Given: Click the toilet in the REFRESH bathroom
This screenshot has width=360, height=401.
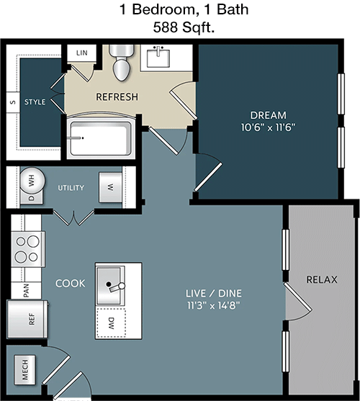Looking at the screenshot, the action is [122, 63].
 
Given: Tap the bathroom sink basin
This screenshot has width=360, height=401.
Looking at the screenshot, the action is [158, 58].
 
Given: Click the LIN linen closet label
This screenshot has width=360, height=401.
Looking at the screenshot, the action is [82, 53].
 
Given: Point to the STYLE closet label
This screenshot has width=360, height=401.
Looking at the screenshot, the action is [35, 102].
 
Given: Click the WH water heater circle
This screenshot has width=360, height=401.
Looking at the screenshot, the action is [32, 181].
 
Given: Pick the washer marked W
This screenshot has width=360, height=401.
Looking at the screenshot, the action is [110, 188].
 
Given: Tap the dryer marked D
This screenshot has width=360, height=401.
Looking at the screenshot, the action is [32, 198].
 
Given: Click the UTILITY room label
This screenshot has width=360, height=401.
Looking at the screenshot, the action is [71, 188].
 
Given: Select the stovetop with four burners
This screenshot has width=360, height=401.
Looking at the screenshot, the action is [28, 249].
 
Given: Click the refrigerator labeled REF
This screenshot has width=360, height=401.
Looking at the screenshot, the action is [27, 319].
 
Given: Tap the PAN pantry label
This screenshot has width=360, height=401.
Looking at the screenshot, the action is [26, 291].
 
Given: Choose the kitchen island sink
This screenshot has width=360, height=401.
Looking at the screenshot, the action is [110, 285].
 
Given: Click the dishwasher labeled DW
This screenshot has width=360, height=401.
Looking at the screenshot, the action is [111, 323].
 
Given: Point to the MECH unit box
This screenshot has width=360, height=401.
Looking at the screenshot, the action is [24, 370].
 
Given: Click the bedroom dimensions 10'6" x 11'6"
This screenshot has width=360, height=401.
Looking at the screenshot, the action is [269, 127].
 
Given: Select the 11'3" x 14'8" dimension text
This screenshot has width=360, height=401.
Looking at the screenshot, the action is [214, 305].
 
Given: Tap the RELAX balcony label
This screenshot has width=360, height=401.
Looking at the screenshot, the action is [322, 279].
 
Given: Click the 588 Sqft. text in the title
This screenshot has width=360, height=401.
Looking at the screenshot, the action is [184, 27].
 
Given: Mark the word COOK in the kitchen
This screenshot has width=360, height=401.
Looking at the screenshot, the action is [71, 284].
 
